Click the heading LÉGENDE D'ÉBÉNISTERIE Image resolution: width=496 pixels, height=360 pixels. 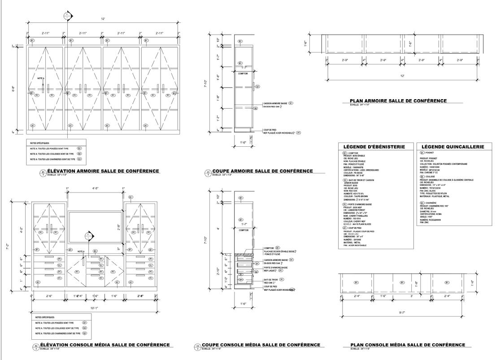(374, 147)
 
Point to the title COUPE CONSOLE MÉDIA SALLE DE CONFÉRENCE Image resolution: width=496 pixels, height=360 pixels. (261, 345)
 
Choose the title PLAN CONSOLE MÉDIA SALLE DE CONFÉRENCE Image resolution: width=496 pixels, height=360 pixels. (407, 345)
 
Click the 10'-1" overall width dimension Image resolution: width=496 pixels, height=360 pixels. (94, 308)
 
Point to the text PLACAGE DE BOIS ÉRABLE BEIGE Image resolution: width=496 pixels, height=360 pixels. (279, 251)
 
